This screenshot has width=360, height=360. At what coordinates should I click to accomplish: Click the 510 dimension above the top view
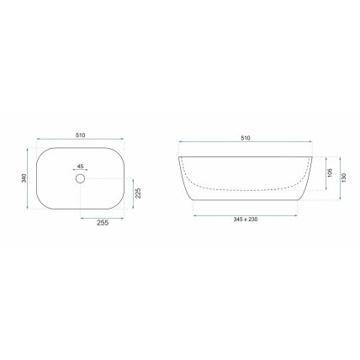tap(80, 135)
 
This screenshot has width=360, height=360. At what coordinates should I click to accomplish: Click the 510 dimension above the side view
tap(246, 138)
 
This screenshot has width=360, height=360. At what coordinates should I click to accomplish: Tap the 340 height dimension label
tap(24, 178)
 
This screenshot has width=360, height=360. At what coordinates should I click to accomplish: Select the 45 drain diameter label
tap(81, 167)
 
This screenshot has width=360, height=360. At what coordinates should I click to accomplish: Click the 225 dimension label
tap(138, 193)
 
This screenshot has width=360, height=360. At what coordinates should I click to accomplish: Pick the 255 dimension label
tap(103, 223)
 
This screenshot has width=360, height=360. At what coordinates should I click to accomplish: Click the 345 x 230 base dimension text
tap(246, 220)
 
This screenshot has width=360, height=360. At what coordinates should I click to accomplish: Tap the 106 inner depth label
tap(330, 172)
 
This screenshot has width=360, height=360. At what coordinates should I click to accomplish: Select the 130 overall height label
tap(344, 177)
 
